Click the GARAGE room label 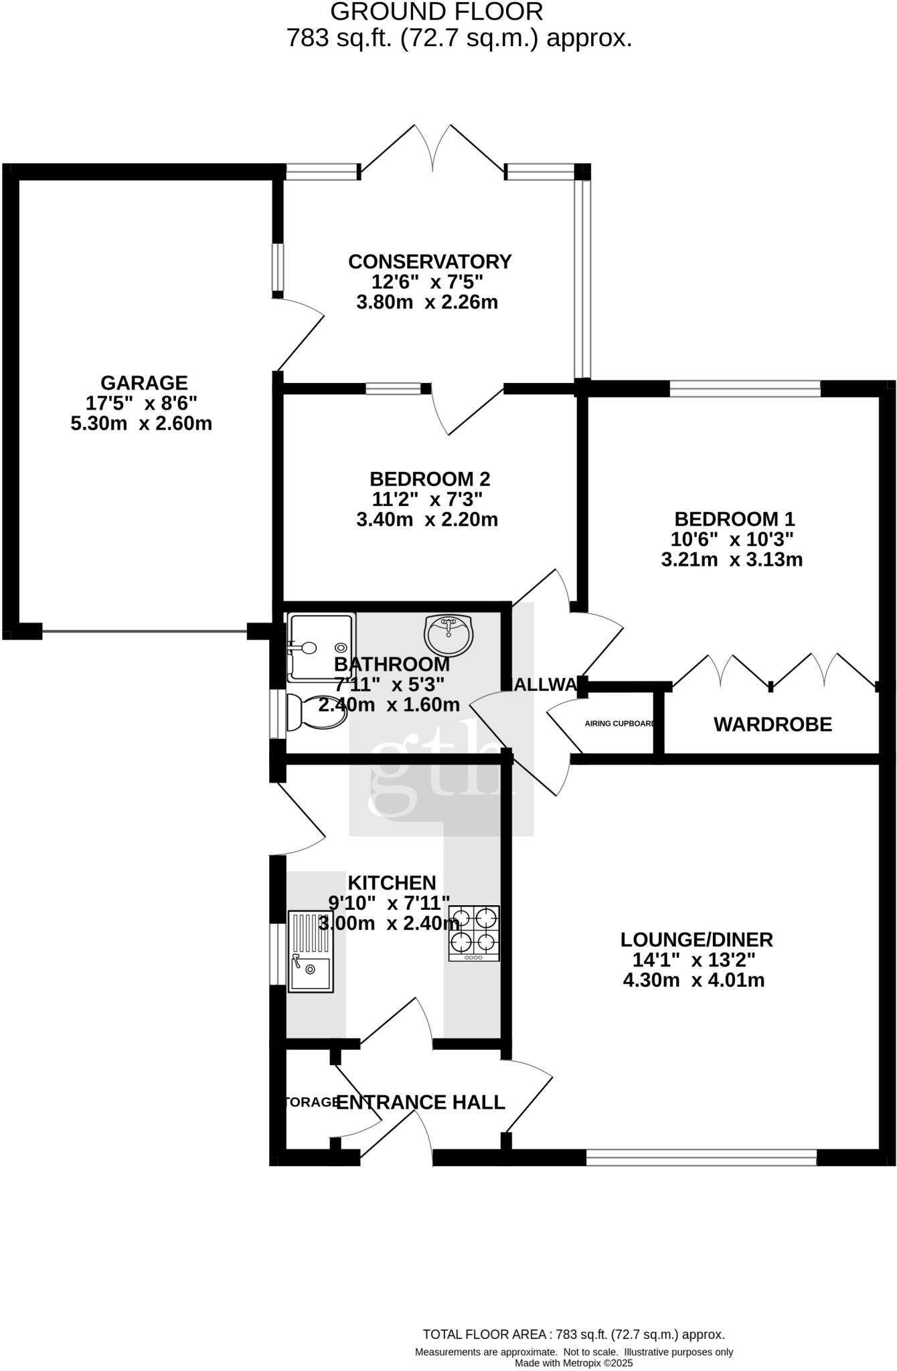pos(144,383)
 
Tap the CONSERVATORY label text pos(430,261)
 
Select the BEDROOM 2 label pos(430,479)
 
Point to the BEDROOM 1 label pos(734,519)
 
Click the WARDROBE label pos(772,724)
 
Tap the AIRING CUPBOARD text pos(619,724)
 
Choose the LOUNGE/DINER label pos(696,940)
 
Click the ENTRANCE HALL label pos(420,1103)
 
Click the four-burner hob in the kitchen pos(474,933)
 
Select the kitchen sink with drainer pos(310,951)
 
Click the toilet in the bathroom pos(315,712)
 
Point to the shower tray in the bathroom pos(321,647)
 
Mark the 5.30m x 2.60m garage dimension pos(141,424)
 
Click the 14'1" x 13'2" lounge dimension pos(694,960)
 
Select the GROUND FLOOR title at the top pos(436,11)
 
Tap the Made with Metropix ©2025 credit pos(573,1362)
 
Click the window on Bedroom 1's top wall pos(744,388)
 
